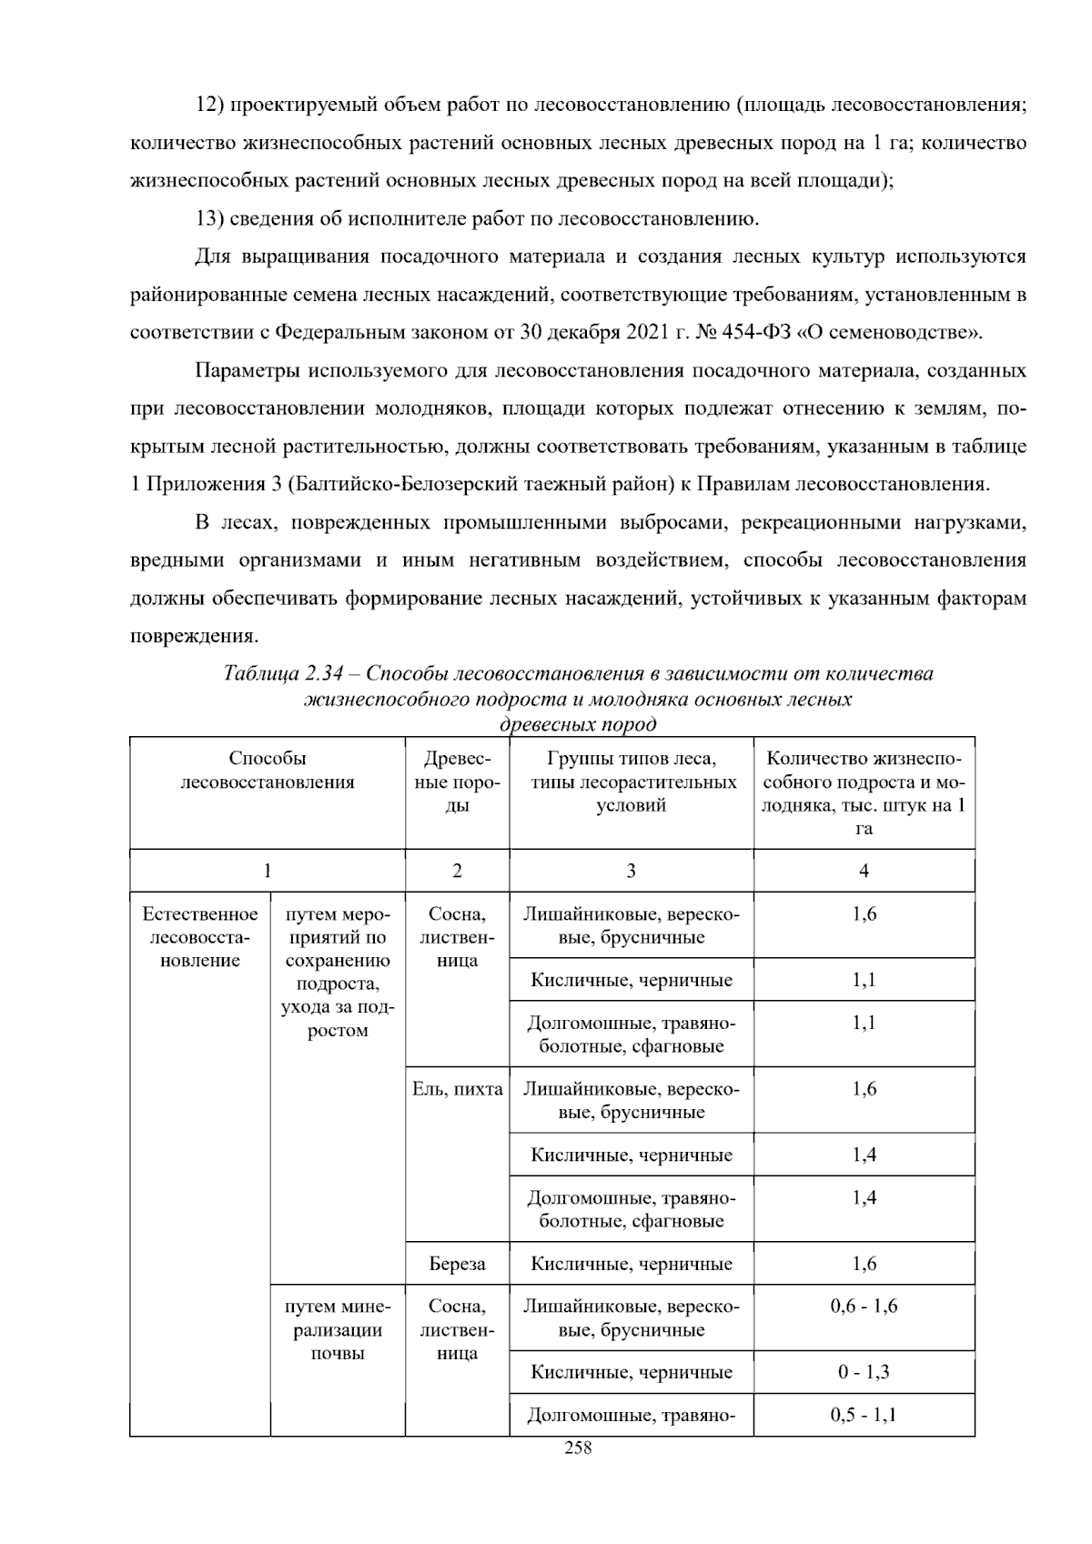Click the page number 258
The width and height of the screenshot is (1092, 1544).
point(578,1448)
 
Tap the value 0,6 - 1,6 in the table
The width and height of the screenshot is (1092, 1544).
point(864,1307)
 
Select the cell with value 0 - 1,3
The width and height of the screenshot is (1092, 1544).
point(864,1372)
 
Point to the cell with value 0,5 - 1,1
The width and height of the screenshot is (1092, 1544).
point(864,1415)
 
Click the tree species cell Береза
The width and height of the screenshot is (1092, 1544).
point(457,1264)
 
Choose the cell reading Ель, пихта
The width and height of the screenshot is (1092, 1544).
point(457,1089)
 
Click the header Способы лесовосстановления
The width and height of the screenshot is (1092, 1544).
point(268,771)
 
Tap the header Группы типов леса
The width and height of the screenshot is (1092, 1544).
point(632,759)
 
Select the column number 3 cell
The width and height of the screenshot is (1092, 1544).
point(631,871)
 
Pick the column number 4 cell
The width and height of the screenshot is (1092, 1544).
point(864,871)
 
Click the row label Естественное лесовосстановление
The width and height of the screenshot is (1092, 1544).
point(200,937)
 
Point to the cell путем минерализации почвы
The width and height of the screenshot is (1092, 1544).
point(338,1330)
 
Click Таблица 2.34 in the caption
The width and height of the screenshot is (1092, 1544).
point(282,674)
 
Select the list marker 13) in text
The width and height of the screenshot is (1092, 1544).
point(209,218)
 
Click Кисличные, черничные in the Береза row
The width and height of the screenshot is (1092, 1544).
point(632,1264)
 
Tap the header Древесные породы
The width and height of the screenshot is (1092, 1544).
point(457,782)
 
